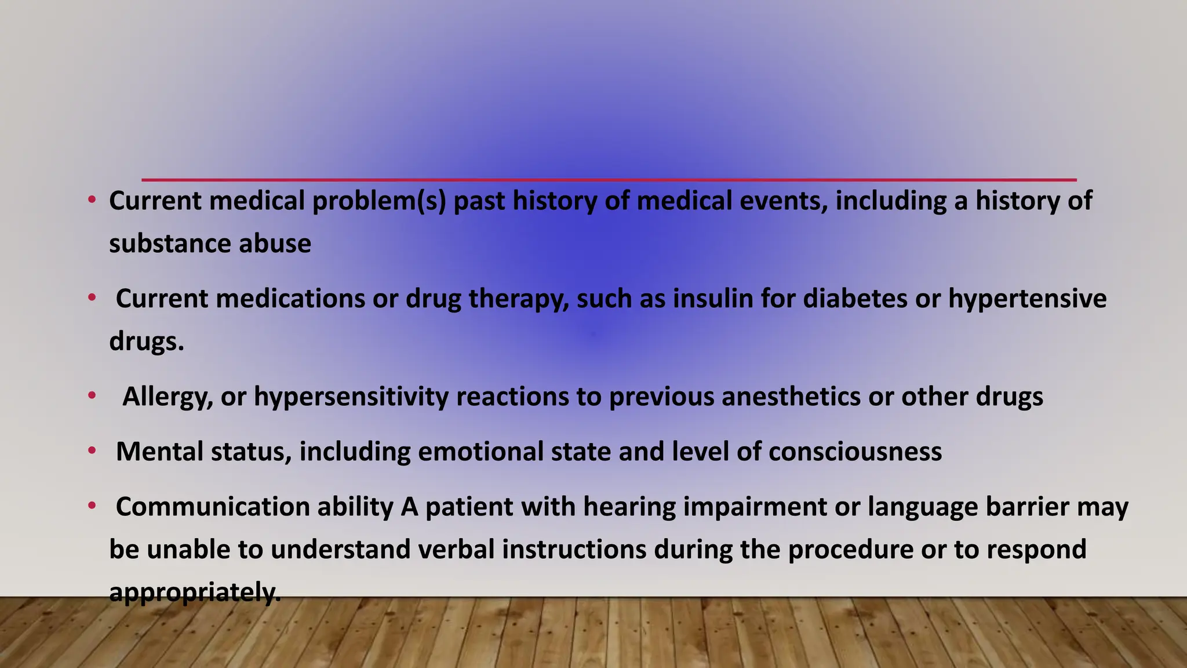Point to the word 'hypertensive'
[1027, 299]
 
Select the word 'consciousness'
[855, 452]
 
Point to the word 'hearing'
[629, 507]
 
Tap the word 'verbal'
[456, 549]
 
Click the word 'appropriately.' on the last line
[195, 592]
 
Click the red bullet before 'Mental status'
[92, 451]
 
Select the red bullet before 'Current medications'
[92, 298]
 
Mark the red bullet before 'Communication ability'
[92, 506]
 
